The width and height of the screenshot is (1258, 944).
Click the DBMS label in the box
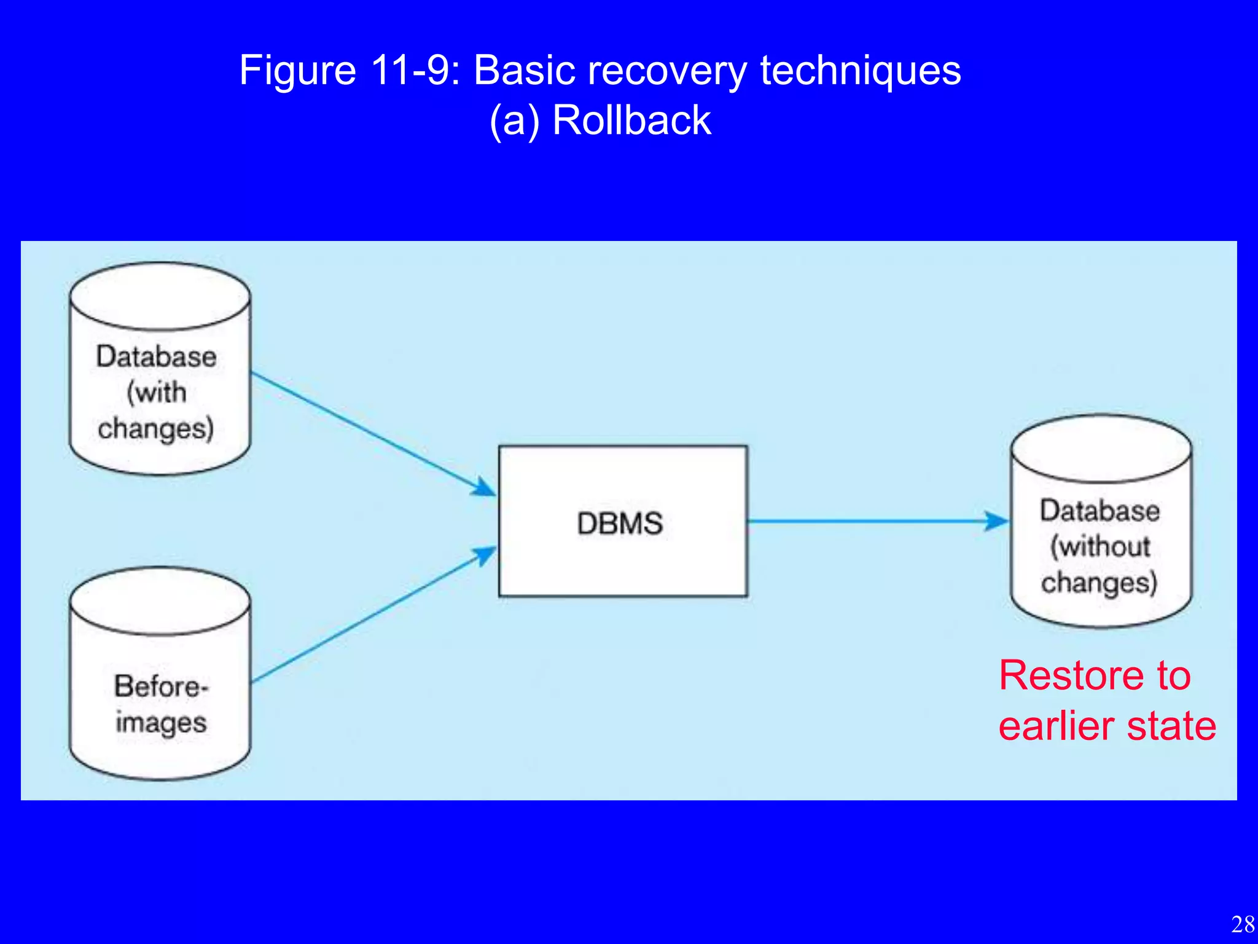point(620,524)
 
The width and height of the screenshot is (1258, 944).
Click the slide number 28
point(1243,924)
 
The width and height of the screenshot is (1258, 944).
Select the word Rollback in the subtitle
point(631,120)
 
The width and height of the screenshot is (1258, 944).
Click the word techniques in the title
point(860,71)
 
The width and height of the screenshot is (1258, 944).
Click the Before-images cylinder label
point(161,704)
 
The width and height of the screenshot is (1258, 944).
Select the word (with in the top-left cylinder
point(157,392)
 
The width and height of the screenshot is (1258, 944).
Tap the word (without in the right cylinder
point(1100,546)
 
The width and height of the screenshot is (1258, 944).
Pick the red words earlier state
point(1107,726)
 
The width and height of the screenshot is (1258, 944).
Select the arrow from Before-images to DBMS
point(369,617)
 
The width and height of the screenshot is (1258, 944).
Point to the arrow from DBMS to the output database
point(872,521)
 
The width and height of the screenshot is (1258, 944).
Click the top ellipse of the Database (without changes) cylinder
point(1101,449)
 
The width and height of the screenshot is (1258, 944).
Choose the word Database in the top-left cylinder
point(157,356)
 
